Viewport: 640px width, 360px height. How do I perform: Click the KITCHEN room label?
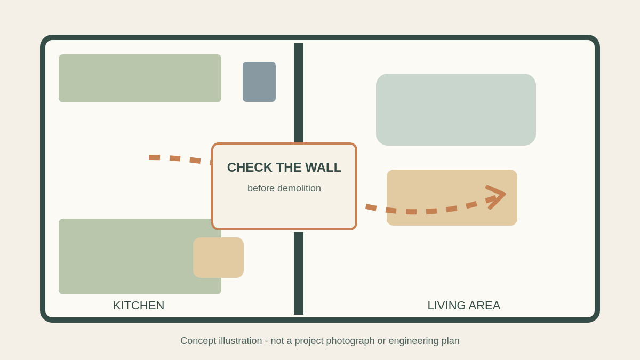click(x=139, y=306)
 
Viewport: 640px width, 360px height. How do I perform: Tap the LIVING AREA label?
click(x=463, y=306)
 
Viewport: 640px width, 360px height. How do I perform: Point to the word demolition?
click(x=299, y=188)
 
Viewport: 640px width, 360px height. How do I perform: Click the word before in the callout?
click(x=261, y=188)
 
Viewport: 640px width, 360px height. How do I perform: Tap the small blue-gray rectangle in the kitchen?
click(x=259, y=82)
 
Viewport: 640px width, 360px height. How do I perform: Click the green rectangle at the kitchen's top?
click(x=140, y=78)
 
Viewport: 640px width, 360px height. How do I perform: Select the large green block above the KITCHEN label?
click(x=140, y=257)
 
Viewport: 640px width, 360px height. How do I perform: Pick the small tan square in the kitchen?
click(x=218, y=258)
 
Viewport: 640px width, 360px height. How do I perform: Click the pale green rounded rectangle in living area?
click(x=455, y=109)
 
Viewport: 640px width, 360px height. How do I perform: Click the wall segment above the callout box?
click(x=299, y=93)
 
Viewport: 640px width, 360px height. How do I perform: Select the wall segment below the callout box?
click(x=299, y=273)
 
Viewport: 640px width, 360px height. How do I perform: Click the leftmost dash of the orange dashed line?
click(x=155, y=157)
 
